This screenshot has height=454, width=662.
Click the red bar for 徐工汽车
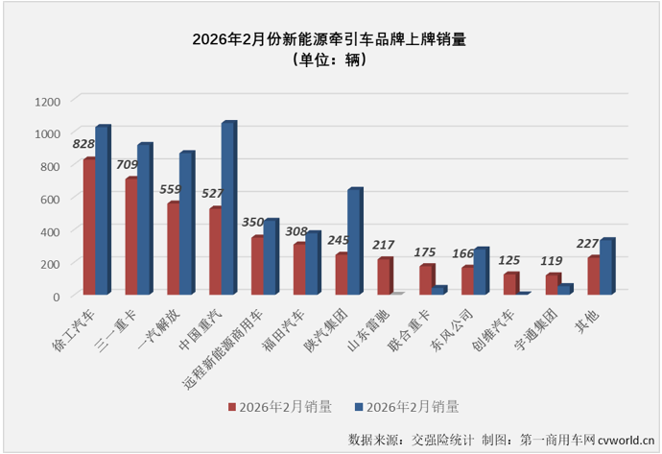[x=88, y=227]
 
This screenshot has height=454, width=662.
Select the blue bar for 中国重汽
[x=228, y=209]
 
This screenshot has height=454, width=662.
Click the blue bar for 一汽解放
[x=186, y=224]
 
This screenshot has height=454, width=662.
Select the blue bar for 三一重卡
[x=144, y=220]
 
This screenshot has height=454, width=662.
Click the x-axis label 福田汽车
[x=288, y=327]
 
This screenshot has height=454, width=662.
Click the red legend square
[x=232, y=406]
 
